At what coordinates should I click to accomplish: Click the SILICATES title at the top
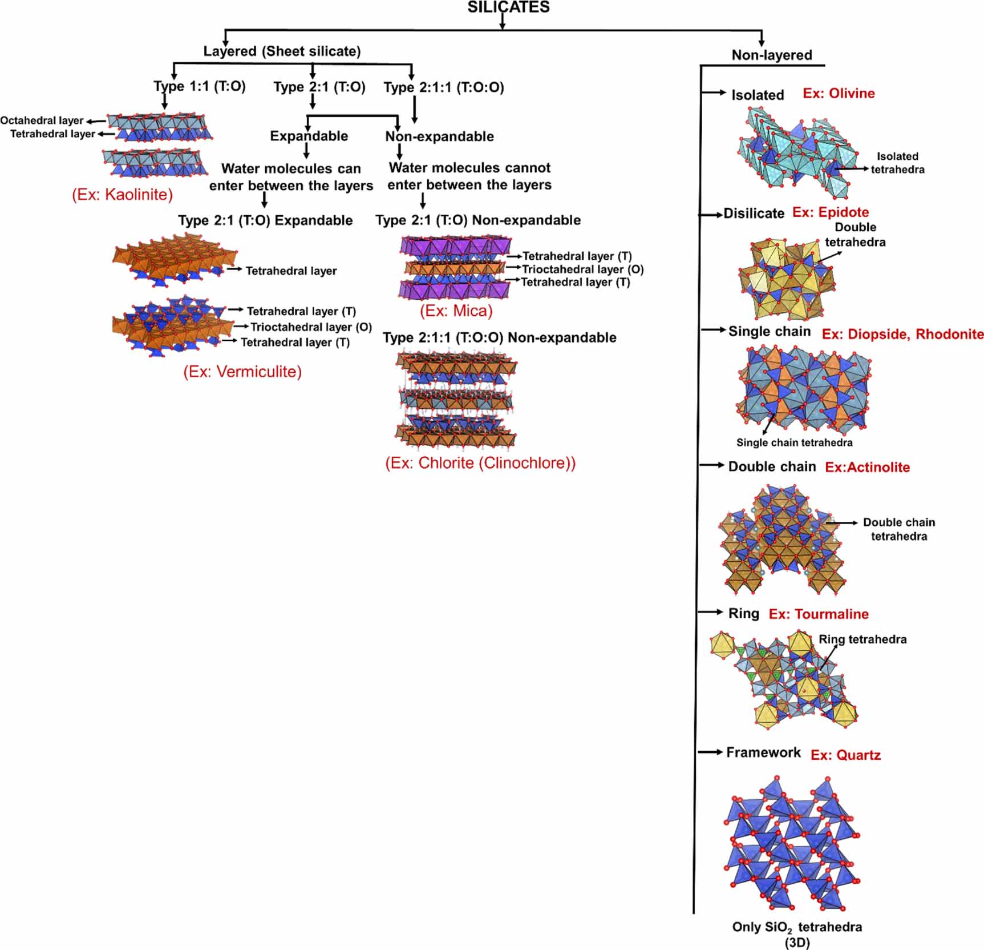tap(508, 7)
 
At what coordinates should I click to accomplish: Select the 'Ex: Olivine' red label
tap(839, 94)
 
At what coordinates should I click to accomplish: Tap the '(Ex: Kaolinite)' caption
tap(122, 195)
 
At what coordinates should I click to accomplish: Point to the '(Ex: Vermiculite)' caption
tap(242, 372)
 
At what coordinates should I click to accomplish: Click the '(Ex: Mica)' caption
tap(456, 311)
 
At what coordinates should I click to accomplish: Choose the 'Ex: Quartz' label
tap(845, 755)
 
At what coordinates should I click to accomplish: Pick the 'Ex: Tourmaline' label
tap(819, 614)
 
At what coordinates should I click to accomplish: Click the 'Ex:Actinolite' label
tap(867, 468)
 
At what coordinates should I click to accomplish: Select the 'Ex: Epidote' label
tap(831, 212)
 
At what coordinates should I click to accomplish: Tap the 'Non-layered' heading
tap(771, 55)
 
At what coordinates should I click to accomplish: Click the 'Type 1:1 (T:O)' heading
tap(199, 86)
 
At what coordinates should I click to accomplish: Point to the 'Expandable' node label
tap(309, 136)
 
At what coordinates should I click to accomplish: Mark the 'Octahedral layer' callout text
tap(42, 120)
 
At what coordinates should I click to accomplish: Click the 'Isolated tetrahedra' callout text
tap(897, 163)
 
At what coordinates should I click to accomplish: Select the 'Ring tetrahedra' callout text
tap(862, 639)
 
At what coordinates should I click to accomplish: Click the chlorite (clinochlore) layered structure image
tap(455, 400)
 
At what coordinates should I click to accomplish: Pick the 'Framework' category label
tap(763, 752)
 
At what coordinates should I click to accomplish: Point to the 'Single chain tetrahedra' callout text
tap(794, 442)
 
